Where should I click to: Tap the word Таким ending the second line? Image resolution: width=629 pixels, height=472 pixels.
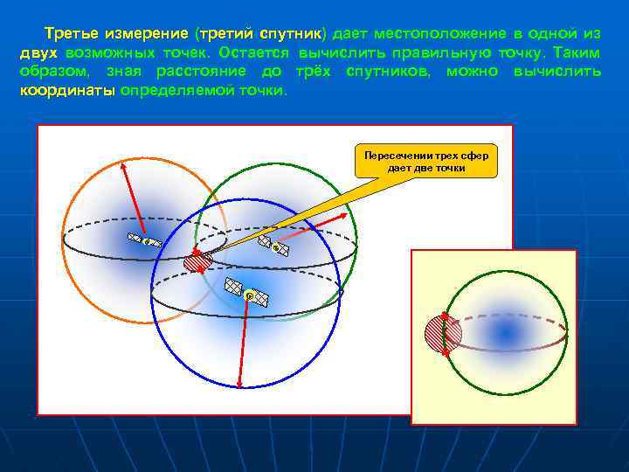[578, 52]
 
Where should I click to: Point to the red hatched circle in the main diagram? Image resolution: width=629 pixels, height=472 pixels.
[197, 261]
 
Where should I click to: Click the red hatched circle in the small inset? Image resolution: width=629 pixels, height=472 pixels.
[442, 332]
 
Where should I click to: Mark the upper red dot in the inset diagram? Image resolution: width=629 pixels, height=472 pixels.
[445, 315]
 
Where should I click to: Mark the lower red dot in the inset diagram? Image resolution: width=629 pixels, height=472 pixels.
[446, 351]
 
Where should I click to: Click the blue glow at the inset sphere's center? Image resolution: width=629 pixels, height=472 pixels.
[504, 333]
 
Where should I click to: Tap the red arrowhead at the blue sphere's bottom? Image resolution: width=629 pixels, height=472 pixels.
[238, 384]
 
